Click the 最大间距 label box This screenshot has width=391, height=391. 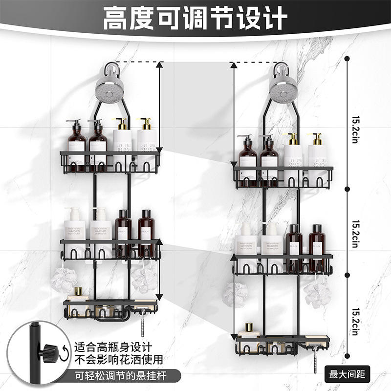coord(350,375)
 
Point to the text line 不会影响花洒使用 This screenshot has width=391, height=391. coord(118,361)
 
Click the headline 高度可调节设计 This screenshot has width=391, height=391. coord(195,18)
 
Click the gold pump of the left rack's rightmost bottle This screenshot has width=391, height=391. coord(146,123)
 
